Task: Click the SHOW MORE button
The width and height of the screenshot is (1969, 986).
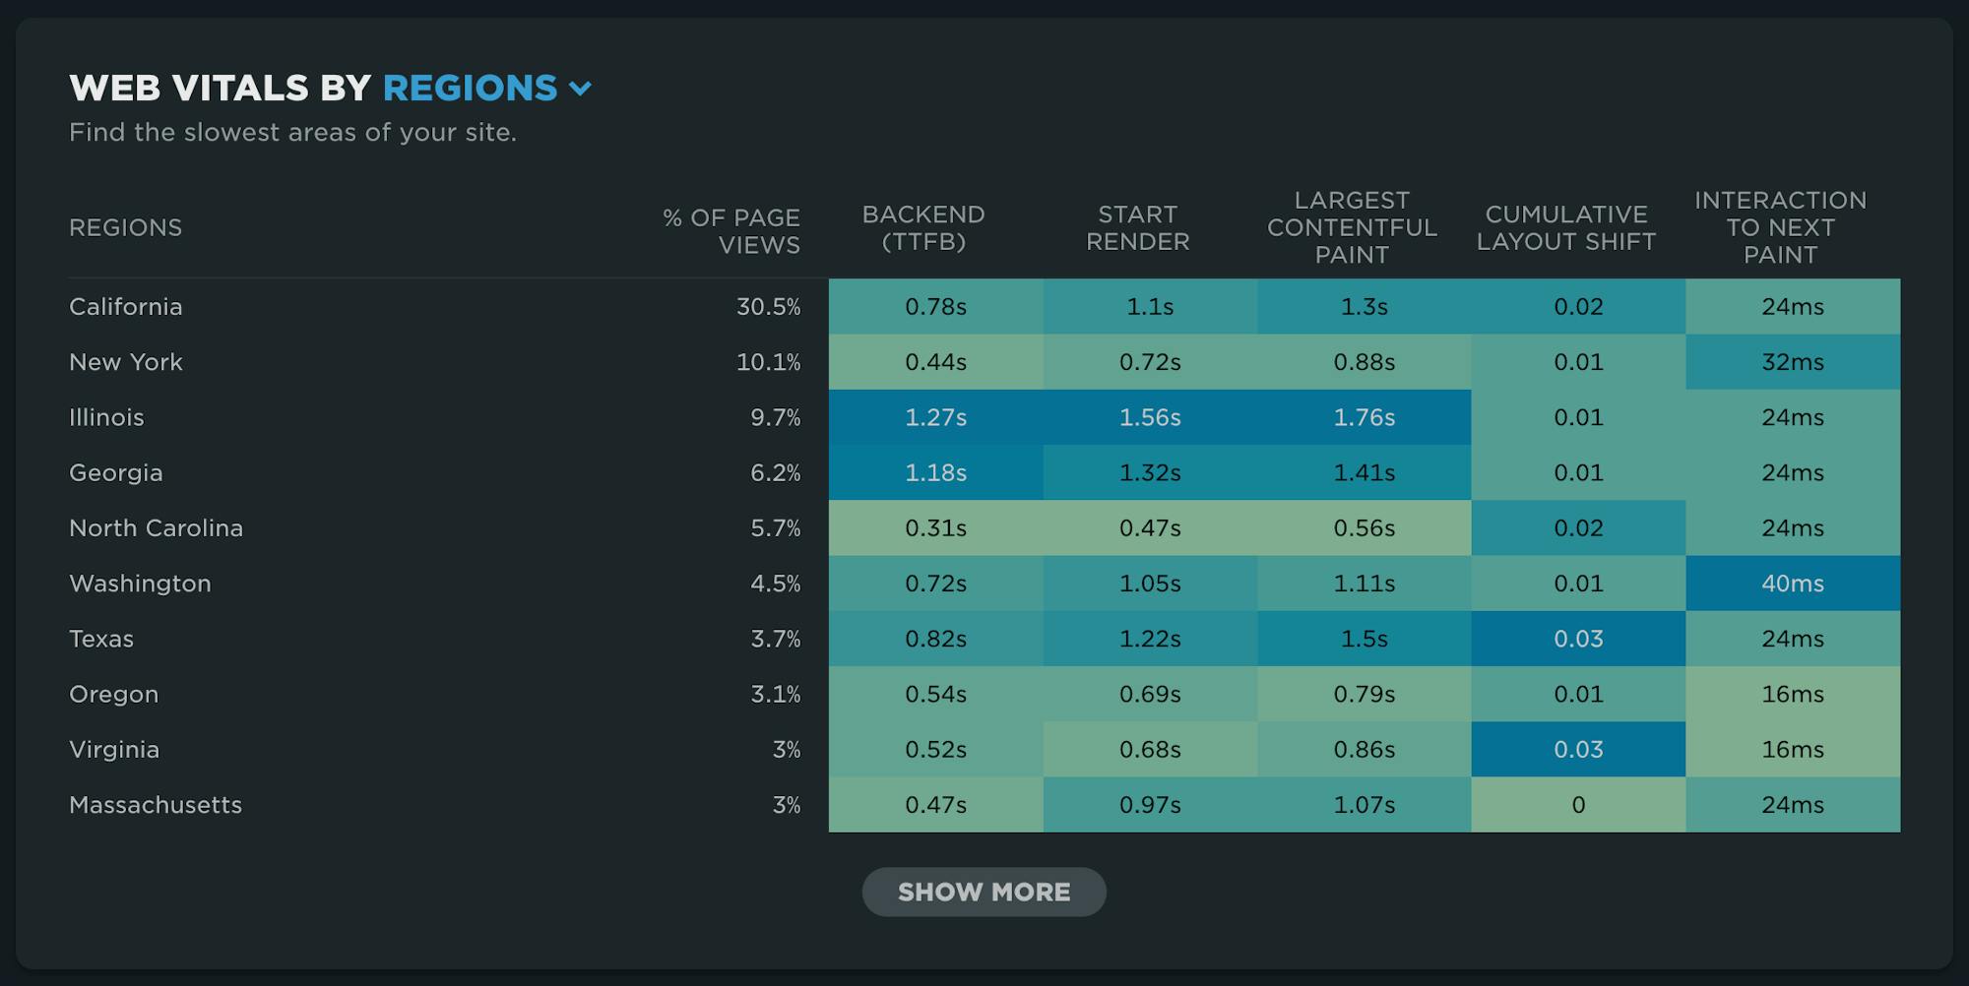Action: click(984, 892)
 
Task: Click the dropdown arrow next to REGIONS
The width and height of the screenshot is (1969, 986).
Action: click(581, 90)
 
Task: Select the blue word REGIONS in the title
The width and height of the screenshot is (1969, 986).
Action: click(470, 89)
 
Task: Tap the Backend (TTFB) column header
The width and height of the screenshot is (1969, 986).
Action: click(922, 228)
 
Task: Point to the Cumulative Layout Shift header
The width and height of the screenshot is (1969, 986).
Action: click(1565, 228)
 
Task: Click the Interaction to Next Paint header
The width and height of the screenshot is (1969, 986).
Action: click(1780, 227)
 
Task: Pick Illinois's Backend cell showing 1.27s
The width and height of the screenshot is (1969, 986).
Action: click(935, 417)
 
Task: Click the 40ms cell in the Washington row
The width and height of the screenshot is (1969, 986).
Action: click(1792, 584)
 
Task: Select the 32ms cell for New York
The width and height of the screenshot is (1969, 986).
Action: click(1792, 362)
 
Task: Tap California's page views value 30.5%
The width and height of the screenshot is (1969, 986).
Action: click(768, 307)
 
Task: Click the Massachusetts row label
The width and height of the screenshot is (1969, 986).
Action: click(156, 805)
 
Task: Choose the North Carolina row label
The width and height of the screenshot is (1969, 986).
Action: click(156, 528)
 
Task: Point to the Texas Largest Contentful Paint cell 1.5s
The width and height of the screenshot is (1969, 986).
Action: click(1364, 639)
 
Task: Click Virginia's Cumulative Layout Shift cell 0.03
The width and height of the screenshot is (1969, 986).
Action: click(1578, 750)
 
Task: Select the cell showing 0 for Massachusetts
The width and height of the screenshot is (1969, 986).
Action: click(1578, 805)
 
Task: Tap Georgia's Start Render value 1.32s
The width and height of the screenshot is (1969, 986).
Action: click(1149, 473)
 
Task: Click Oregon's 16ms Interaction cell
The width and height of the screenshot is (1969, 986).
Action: click(1792, 695)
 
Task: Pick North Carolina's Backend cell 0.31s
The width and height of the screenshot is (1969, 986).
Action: click(935, 528)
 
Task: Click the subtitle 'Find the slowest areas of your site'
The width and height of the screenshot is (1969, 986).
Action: click(292, 133)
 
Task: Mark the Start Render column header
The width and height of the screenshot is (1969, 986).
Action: click(1137, 228)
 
